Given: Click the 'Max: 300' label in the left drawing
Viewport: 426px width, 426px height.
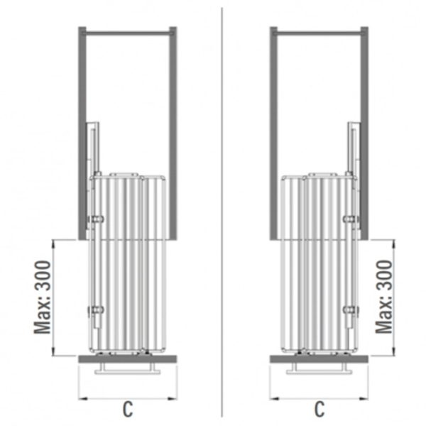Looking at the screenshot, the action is [x=42, y=297].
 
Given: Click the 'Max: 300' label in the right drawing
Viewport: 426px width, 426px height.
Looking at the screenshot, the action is [x=384, y=297].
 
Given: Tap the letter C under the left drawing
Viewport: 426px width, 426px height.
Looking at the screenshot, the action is [x=128, y=409].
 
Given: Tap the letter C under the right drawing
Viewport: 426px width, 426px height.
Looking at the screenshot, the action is [x=319, y=409].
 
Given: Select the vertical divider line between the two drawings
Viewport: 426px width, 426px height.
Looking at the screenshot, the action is [x=222, y=212].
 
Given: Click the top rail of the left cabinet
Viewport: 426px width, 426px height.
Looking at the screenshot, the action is [x=128, y=33].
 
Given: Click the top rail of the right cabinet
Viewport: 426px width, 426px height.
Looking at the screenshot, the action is [x=319, y=33].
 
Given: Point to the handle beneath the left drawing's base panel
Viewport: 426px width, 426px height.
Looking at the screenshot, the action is [x=128, y=368].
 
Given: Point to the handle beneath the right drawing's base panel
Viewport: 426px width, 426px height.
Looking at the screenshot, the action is [x=319, y=368].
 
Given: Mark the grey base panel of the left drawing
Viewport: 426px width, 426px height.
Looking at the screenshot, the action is [x=128, y=359].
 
